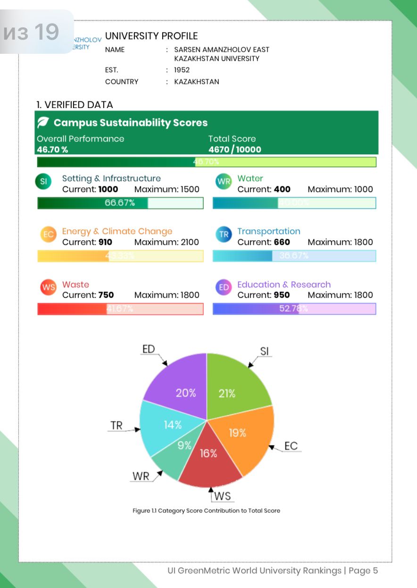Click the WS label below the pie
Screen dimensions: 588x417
[x=223, y=496]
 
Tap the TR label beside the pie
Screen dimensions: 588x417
[x=117, y=425]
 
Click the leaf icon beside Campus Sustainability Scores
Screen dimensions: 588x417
[x=43, y=123]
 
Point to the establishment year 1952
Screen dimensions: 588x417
[x=182, y=70]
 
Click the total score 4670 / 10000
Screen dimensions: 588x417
[x=235, y=150]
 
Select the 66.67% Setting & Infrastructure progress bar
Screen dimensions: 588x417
[x=120, y=203]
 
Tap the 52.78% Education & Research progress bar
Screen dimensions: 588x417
[x=294, y=309]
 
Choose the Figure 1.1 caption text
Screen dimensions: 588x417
[x=206, y=511]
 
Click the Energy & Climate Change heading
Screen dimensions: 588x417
[x=117, y=231]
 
